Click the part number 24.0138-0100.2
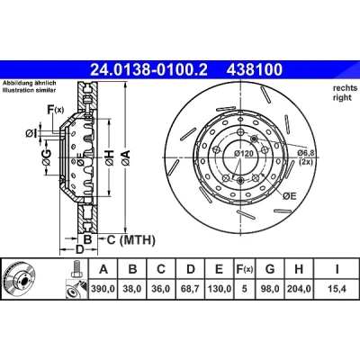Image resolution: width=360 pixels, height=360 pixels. (x=148, y=69)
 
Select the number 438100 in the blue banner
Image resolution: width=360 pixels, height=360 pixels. (x=255, y=69)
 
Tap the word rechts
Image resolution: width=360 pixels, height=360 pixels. (x=345, y=88)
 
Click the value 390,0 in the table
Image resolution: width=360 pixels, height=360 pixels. (x=103, y=289)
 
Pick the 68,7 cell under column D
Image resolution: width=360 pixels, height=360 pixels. (x=191, y=289)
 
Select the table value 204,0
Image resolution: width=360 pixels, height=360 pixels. (x=299, y=289)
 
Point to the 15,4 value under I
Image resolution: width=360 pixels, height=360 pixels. (x=337, y=289)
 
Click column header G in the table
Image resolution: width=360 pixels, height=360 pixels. (x=270, y=269)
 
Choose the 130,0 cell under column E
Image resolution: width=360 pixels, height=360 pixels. (x=220, y=289)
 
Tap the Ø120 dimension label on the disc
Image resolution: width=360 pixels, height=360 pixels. (x=244, y=154)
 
